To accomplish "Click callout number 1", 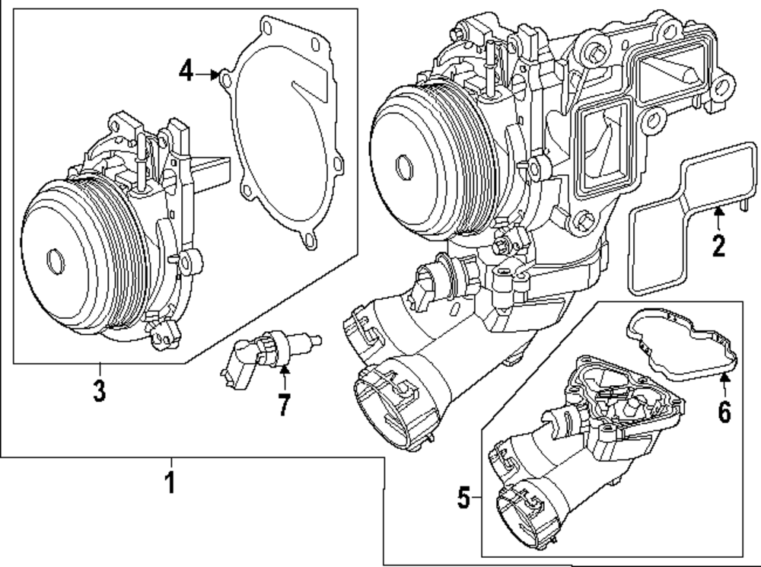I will pyautogui.click(x=170, y=483).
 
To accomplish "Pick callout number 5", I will pyautogui.click(x=464, y=499).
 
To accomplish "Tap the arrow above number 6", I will pyautogui.click(x=724, y=383).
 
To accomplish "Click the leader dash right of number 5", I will pyautogui.click(x=477, y=499).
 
